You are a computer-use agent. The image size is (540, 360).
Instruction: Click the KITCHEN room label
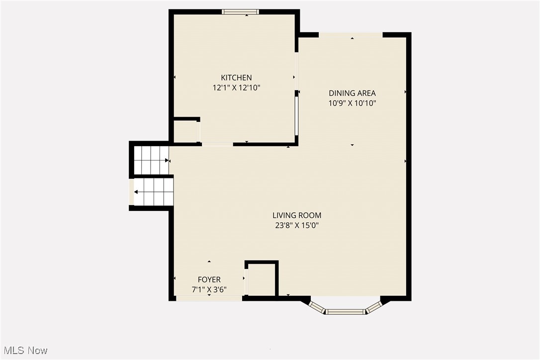[236, 78]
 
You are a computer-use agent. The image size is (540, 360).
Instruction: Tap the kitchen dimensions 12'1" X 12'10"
[236, 88]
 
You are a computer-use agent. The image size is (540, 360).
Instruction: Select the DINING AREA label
[352, 93]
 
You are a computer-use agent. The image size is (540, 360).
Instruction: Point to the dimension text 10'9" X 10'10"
[352, 103]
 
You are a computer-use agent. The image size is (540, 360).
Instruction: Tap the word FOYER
[209, 279]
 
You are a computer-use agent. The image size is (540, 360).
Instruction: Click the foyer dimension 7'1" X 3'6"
[209, 289]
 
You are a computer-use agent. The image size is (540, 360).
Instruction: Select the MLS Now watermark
[24, 351]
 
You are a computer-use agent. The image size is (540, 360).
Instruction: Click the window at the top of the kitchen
[240, 12]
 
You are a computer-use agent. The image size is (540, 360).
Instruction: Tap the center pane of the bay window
[346, 312]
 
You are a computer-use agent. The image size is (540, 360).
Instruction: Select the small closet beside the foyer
[262, 279]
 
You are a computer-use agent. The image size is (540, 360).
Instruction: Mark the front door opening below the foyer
[209, 298]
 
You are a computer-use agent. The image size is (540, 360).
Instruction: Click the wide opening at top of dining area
[351, 34]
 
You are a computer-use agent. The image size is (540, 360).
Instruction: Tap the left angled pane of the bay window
[317, 307]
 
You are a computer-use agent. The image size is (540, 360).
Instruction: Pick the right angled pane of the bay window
[374, 307]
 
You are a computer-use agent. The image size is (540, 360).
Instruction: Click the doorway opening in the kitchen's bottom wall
[217, 144]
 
